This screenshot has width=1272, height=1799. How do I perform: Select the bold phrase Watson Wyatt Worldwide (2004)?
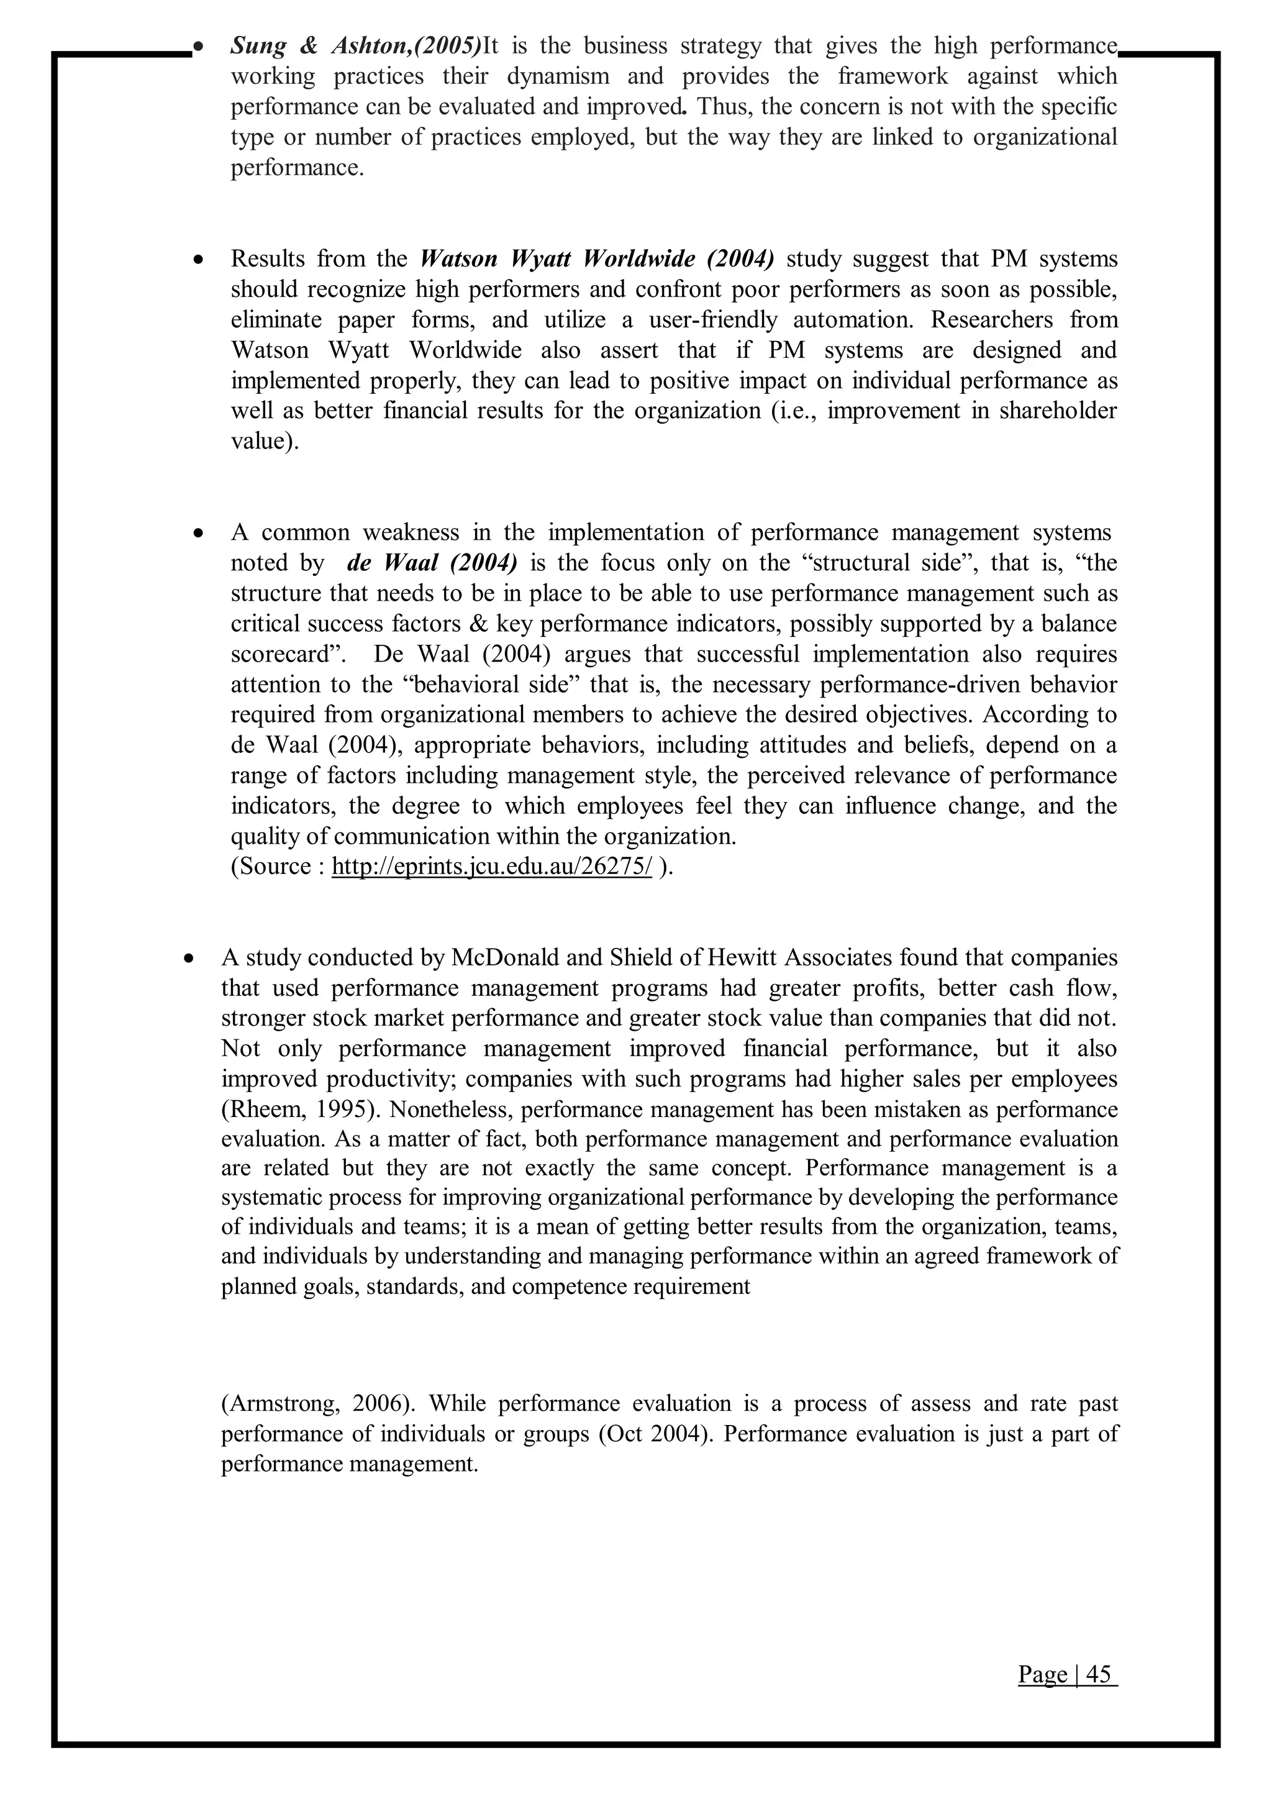(597, 258)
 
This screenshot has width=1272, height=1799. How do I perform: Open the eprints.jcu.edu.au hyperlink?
(492, 867)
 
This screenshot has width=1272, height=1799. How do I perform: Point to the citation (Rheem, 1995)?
(301, 1109)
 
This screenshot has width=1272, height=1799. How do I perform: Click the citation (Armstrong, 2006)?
(312, 1403)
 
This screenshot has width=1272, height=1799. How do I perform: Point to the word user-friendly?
(713, 320)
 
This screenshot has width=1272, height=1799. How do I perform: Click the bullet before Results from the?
(201, 259)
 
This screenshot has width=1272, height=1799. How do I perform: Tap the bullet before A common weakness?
(200, 534)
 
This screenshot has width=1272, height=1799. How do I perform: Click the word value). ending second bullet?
(265, 441)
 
